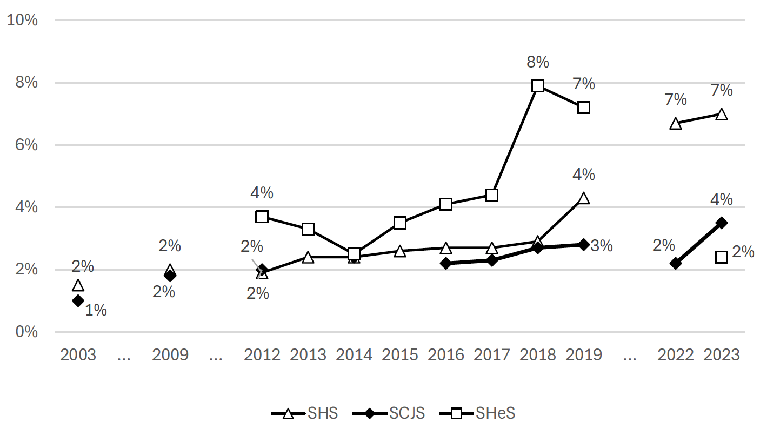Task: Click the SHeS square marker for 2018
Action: coord(537,85)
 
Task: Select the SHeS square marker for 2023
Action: coord(721,257)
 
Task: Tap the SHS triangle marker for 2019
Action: coord(583,198)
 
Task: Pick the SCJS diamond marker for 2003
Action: coord(78,300)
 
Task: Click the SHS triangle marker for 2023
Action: coord(721,114)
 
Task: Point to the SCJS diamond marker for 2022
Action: coord(675,263)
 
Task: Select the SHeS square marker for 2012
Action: coord(262,217)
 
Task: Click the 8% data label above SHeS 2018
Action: coord(538,62)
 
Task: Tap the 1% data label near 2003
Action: coord(96,311)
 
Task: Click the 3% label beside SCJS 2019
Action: coord(602,246)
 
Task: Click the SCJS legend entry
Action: coord(388,414)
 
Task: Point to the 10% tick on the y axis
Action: coord(22,21)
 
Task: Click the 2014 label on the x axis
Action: coord(354,355)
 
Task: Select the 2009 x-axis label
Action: coord(170,355)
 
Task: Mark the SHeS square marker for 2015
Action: coord(400,223)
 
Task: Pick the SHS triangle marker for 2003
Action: coord(78,285)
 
